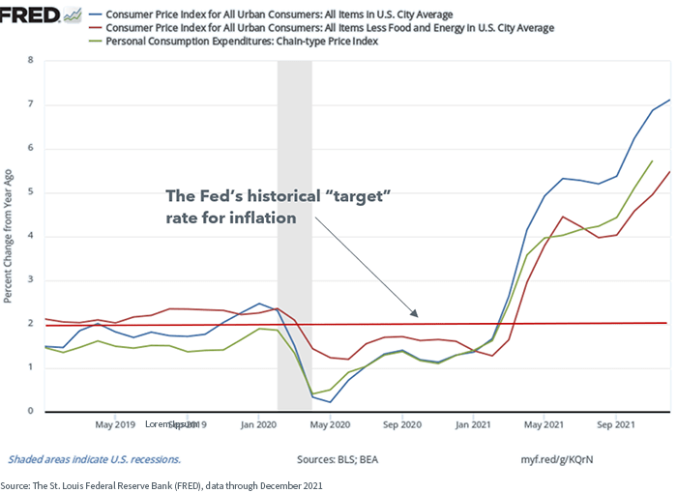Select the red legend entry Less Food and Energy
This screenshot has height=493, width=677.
[x=329, y=28]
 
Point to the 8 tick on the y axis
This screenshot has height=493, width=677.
[x=30, y=60]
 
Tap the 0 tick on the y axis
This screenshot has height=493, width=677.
[x=30, y=412]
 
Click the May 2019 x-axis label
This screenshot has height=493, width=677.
[x=116, y=424]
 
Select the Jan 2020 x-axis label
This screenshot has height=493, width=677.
[x=258, y=424]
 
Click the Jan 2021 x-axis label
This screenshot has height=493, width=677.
[x=473, y=424]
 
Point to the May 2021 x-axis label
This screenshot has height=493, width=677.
[x=544, y=424]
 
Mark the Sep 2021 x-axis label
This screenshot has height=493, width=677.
[x=616, y=424]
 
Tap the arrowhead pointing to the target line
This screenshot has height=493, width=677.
[x=416, y=314]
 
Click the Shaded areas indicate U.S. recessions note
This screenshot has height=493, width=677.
[x=94, y=459]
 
